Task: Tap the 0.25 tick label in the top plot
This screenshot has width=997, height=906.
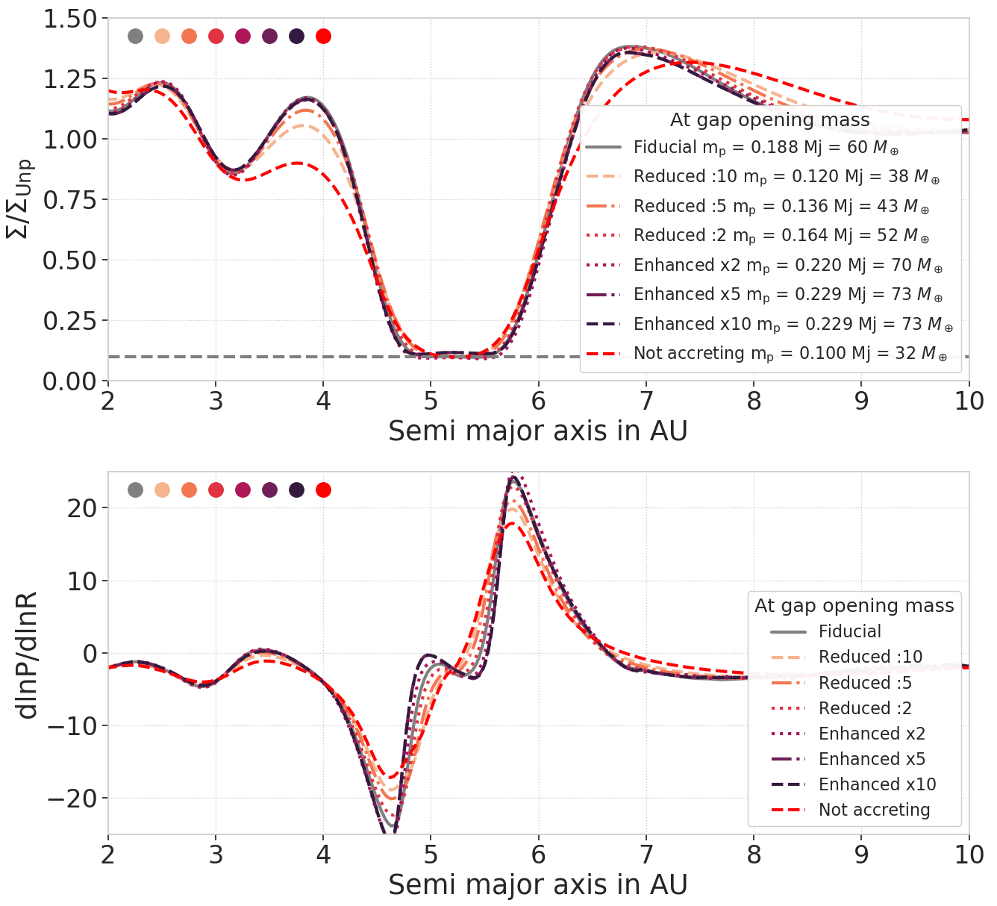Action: pyautogui.click(x=70, y=322)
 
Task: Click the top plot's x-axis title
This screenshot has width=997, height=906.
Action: pyautogui.click(x=537, y=431)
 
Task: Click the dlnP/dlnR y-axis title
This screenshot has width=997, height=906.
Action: pyautogui.click(x=28, y=654)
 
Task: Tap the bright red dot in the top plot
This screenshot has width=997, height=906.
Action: pyautogui.click(x=323, y=36)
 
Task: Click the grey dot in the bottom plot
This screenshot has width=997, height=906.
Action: pyautogui.click(x=135, y=490)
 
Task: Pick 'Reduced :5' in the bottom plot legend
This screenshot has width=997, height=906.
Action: pyautogui.click(x=865, y=683)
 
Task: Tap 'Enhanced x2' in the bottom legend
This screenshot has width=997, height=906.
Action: pyautogui.click(x=872, y=734)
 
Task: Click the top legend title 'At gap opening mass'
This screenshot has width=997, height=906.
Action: pyautogui.click(x=769, y=120)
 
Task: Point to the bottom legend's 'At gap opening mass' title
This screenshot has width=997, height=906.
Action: pyautogui.click(x=854, y=605)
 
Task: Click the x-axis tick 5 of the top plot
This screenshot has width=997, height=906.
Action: pyautogui.click(x=431, y=401)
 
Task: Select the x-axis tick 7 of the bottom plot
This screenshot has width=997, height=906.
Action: pyautogui.click(x=646, y=854)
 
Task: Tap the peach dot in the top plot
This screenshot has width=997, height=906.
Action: pyautogui.click(x=162, y=36)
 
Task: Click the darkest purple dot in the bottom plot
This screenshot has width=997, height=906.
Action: pyautogui.click(x=296, y=490)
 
